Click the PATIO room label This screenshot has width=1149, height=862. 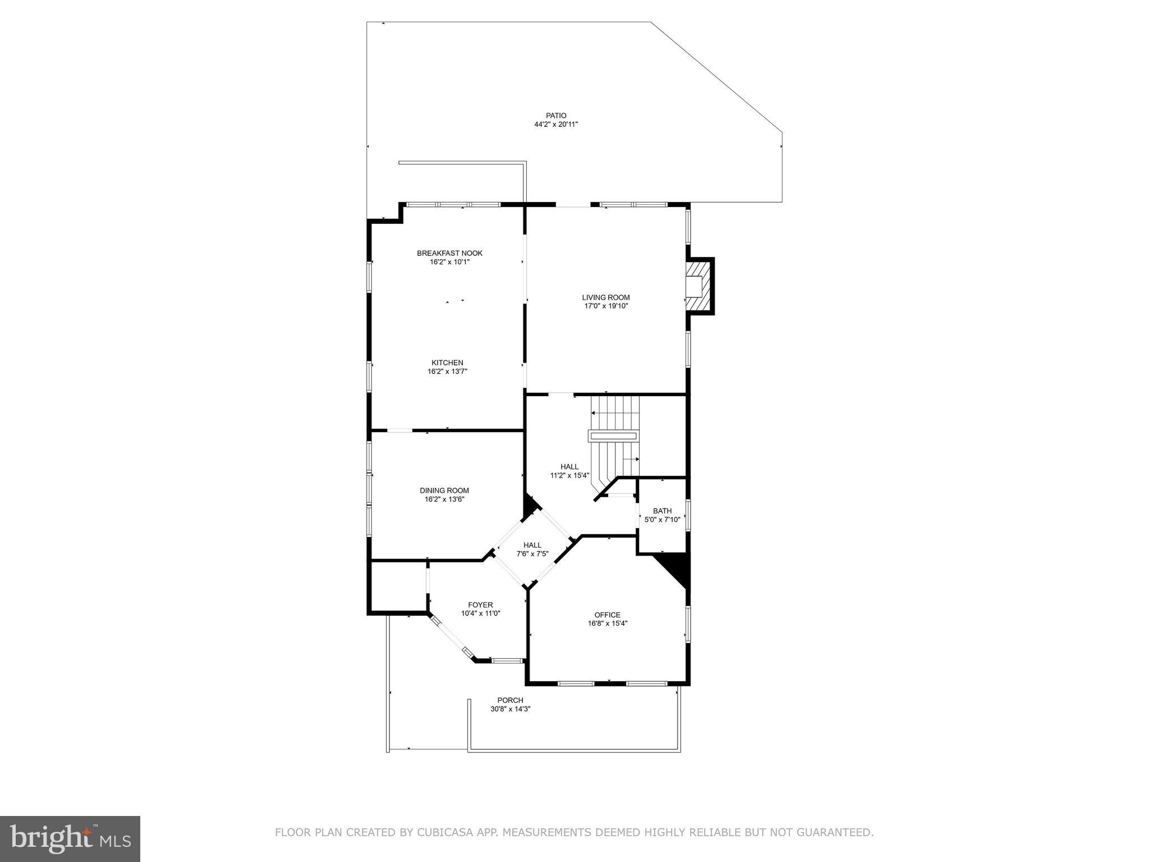[556, 116]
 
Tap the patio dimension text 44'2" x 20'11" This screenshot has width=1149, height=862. [556, 125]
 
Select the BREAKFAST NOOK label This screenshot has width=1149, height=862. [449, 253]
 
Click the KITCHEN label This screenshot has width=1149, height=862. [447, 363]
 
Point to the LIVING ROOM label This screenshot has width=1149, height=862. [605, 297]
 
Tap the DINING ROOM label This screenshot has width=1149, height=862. [444, 490]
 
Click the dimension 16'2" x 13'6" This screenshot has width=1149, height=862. [444, 499]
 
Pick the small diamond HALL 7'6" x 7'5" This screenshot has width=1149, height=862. [532, 549]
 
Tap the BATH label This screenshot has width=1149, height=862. [662, 511]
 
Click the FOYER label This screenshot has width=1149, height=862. [480, 605]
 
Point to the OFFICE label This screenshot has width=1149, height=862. [608, 615]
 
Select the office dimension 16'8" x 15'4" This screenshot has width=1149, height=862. [608, 623]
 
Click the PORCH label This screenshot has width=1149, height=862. [510, 700]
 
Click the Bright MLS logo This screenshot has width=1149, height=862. [70, 840]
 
